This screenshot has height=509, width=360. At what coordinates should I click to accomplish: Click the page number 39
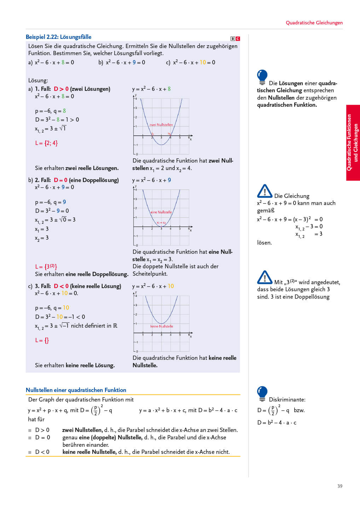coord(339,486)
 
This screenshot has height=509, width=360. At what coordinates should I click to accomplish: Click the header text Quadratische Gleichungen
coord(314,23)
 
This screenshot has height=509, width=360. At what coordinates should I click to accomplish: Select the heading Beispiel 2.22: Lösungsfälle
coord(58,37)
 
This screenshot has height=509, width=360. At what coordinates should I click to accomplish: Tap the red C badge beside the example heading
coord(238,39)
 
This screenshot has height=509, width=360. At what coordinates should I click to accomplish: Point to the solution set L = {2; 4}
coord(46,143)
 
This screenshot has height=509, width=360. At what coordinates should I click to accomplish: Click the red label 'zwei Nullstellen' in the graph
coord(161,125)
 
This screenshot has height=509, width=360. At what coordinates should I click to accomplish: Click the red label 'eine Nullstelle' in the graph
coord(161,212)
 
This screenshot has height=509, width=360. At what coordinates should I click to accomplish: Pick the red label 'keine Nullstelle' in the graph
coord(162,326)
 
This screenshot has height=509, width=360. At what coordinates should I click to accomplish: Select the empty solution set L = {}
coord(42,340)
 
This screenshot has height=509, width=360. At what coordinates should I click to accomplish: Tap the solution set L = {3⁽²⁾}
coord(46,267)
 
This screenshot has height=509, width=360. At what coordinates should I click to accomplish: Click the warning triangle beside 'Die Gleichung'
coord(265,191)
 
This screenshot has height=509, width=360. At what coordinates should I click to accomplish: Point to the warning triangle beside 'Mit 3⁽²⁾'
coord(265,277)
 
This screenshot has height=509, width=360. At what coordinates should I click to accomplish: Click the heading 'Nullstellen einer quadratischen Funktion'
coord(76,390)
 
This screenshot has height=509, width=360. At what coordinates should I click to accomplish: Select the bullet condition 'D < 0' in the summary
coord(42,452)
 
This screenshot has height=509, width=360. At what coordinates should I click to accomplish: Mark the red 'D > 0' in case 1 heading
coord(61,89)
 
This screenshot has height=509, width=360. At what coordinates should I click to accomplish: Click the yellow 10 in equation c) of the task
coord(203,62)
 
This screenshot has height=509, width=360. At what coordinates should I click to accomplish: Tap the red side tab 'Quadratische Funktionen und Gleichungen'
coord(353,142)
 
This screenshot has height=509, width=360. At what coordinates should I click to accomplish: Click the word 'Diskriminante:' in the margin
coord(287,399)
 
